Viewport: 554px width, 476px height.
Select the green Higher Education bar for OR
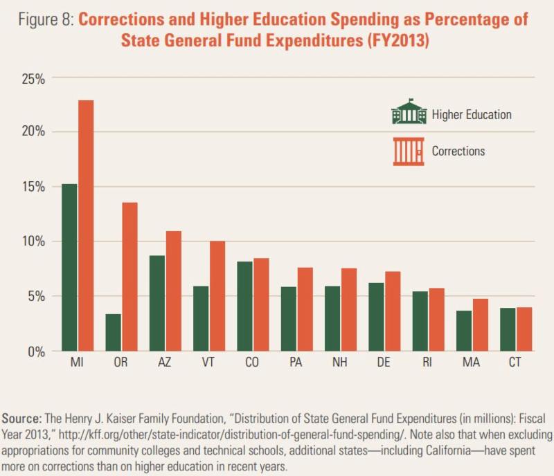point(114,333)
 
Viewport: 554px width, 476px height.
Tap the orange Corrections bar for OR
point(129,277)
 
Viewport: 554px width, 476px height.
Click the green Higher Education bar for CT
point(507,329)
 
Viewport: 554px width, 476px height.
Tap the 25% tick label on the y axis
point(32,77)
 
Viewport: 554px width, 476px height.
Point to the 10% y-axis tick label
point(32,241)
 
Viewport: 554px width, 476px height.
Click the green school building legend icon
point(409,112)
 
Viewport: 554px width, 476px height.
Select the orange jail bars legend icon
point(409,151)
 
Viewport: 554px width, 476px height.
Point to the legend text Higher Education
point(472,115)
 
